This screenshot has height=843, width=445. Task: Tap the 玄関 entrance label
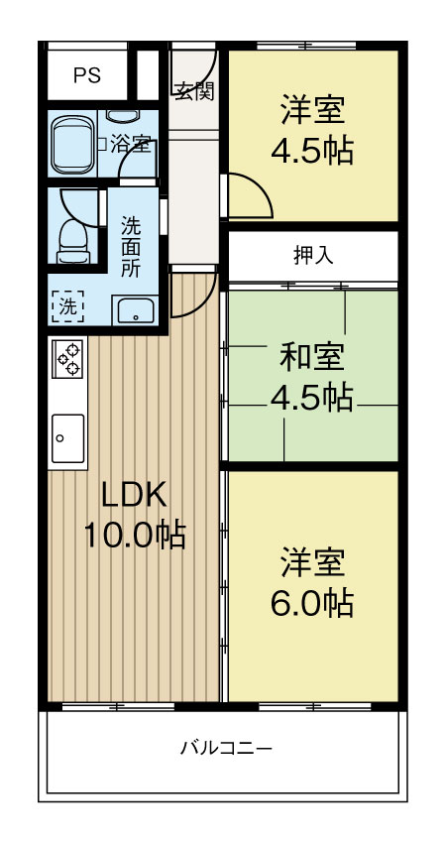pos(194,91)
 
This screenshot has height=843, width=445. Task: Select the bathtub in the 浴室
pos(70,144)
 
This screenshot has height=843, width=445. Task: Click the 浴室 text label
pos(131,145)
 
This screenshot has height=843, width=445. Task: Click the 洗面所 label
pos(131,246)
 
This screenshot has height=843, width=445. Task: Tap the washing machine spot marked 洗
pos(67,306)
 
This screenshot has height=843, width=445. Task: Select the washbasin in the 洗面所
pos(132,311)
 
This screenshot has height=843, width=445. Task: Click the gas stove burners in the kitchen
pos(68,358)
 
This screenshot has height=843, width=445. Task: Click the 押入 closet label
pos(313,255)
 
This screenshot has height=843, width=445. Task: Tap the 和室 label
pos(312,354)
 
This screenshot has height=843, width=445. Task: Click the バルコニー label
pos(225,748)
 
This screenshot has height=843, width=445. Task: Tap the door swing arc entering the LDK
pos(192,296)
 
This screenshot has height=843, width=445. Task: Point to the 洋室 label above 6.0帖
pos(312,560)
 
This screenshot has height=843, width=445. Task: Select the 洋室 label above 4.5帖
pos(312,107)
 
